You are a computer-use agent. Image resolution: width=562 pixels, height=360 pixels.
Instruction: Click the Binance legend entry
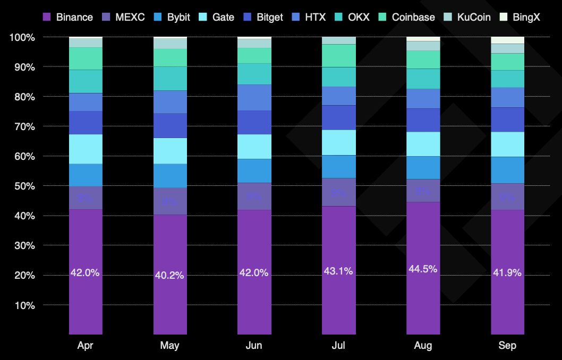click(x=67, y=17)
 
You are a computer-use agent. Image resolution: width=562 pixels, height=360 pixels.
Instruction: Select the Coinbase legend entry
click(x=406, y=17)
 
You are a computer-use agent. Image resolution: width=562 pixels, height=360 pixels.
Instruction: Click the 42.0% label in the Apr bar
click(x=85, y=273)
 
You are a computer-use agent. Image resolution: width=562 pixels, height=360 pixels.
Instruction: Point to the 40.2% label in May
click(x=169, y=276)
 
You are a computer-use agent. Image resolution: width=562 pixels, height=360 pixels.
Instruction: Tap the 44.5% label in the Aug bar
click(x=423, y=269)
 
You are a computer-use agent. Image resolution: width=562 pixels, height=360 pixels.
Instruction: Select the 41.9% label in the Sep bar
click(x=507, y=273)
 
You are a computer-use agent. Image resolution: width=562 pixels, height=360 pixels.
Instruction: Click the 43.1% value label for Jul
click(x=338, y=271)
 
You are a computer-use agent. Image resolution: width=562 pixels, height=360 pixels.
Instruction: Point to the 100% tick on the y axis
click(x=22, y=38)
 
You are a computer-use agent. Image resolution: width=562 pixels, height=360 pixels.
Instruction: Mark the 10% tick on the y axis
click(x=24, y=305)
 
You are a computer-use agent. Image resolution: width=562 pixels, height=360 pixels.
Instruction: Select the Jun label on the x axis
click(x=254, y=346)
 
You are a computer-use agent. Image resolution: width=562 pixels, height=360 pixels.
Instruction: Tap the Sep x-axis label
click(x=507, y=346)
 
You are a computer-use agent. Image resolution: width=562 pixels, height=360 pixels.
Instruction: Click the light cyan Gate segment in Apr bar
click(x=85, y=149)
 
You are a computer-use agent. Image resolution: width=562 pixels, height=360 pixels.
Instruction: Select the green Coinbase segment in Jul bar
click(x=338, y=56)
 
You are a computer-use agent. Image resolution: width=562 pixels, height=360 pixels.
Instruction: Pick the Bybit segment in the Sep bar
click(x=507, y=170)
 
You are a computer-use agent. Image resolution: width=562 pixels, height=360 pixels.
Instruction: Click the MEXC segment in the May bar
click(x=169, y=201)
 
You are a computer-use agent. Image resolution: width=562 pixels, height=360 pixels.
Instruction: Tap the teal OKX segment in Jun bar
click(x=254, y=74)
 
